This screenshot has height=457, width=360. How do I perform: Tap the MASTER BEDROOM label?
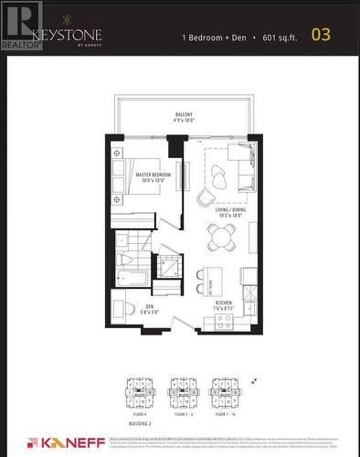click(149, 176)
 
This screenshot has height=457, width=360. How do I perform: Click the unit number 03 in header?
click(321, 36)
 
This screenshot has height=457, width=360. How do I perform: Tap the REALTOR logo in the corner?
click(20, 23)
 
